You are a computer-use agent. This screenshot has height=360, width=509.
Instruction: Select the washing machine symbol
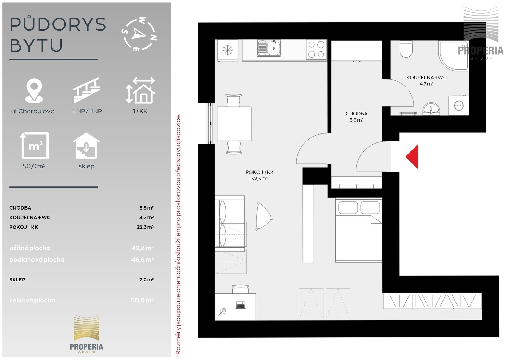[459, 106]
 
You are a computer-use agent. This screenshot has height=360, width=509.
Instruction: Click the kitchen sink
[269, 48]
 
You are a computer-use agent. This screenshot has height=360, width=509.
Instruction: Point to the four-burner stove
[316, 49]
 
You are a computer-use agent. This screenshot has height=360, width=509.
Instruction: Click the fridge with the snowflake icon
[227, 50]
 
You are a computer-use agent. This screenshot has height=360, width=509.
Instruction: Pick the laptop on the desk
[240, 305]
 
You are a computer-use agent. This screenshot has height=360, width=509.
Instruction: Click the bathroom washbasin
[431, 109]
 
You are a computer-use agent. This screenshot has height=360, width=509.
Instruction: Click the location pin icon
[34, 91]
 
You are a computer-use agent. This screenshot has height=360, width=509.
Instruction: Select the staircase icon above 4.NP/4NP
[86, 90]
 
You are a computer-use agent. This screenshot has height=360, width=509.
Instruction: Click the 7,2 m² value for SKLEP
[147, 280]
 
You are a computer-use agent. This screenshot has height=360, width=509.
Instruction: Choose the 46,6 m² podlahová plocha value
[143, 259]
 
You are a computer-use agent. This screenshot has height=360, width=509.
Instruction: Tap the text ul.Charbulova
[33, 111]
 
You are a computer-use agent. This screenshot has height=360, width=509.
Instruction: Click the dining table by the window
[234, 124]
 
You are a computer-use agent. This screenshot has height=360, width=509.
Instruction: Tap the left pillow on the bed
[348, 207]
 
